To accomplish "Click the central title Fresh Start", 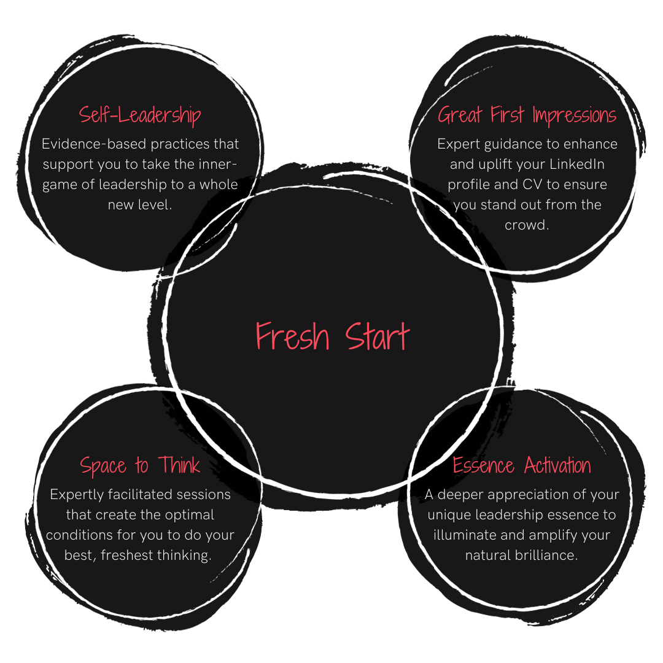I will [332, 336].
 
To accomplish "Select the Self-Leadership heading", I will [140, 115].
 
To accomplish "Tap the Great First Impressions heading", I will [527, 115].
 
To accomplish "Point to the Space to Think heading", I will [140, 465].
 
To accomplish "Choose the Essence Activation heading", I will [522, 465].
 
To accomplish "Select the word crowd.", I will [525, 225].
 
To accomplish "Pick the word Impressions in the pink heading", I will [574, 115].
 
